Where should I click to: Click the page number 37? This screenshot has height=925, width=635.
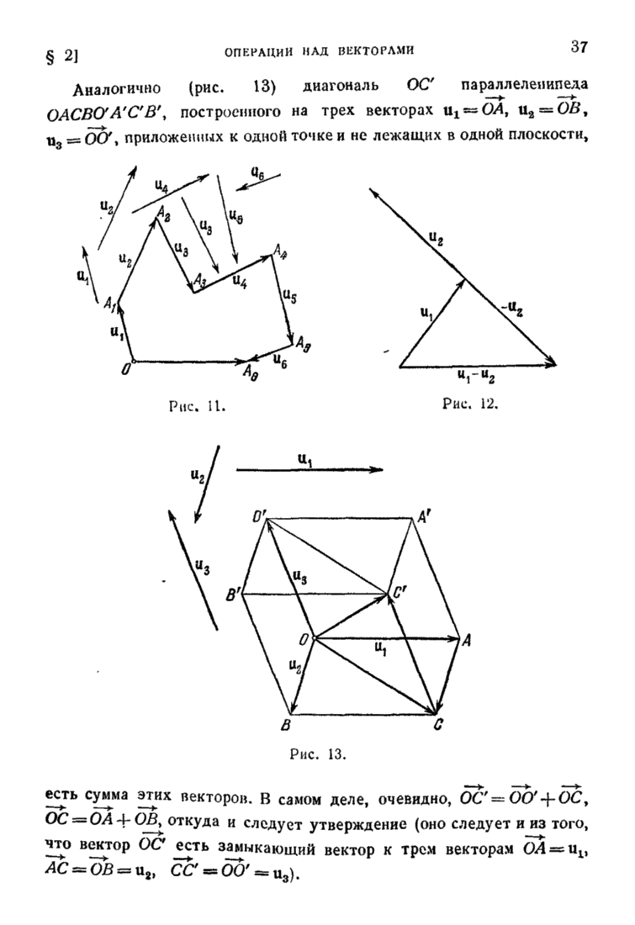tap(579, 46)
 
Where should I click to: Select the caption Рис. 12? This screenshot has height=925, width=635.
tap(470, 404)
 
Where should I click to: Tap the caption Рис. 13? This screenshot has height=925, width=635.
tap(318, 754)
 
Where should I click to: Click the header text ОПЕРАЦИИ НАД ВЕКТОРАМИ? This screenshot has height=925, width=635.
tap(320, 50)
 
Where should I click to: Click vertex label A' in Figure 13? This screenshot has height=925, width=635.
tap(425, 517)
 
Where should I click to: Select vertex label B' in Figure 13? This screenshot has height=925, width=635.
tap(233, 596)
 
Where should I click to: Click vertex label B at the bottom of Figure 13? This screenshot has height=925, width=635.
tap(285, 725)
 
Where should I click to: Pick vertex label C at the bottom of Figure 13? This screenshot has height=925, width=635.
tap(438, 725)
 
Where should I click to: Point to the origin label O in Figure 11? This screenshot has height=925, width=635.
tap(125, 371)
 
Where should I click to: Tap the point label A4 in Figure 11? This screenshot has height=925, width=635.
tap(280, 252)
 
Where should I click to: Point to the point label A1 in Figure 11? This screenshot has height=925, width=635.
tap(109, 304)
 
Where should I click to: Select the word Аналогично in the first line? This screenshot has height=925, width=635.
tap(117, 89)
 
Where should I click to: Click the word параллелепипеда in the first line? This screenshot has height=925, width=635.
tap(525, 84)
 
